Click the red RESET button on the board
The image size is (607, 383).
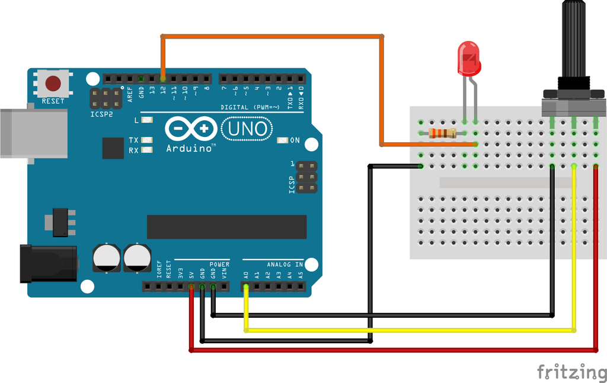(53, 83)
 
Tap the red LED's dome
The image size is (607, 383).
(468, 58)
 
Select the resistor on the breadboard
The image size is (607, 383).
(442, 133)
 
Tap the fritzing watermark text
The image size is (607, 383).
(571, 372)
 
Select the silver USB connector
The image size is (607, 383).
(33, 133)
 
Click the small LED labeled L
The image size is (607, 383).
(147, 120)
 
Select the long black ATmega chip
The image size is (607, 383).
(226, 226)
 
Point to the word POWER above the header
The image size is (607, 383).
(219, 264)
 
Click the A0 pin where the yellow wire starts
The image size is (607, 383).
(245, 287)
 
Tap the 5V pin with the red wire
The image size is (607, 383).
(191, 287)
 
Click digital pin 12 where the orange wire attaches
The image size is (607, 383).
(162, 78)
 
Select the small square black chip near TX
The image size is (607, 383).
(113, 148)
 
